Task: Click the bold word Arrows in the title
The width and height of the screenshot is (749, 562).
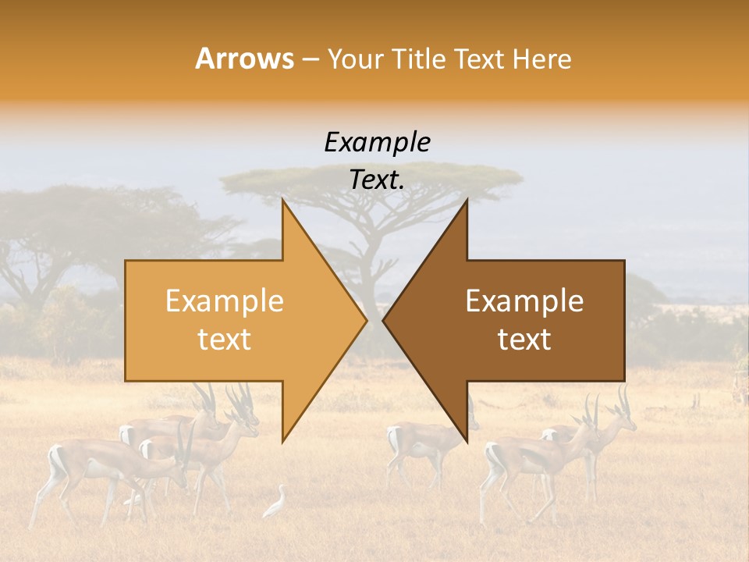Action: click(x=244, y=59)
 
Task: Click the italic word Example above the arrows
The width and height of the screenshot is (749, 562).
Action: click(x=377, y=142)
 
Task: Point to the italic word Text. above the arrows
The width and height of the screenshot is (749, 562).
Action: click(x=377, y=180)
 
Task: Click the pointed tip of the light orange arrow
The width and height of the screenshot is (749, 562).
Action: click(x=365, y=319)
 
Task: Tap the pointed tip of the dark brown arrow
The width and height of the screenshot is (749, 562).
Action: click(x=384, y=319)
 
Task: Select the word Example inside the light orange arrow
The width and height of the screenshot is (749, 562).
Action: click(x=224, y=301)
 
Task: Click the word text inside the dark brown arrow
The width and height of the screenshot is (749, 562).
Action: click(x=524, y=339)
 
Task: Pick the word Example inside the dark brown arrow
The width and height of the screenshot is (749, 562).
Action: click(x=524, y=301)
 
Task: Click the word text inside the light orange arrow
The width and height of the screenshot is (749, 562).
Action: click(x=224, y=339)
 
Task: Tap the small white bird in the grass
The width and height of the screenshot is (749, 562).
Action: click(x=276, y=503)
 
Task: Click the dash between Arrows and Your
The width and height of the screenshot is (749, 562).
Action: click(x=311, y=59)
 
